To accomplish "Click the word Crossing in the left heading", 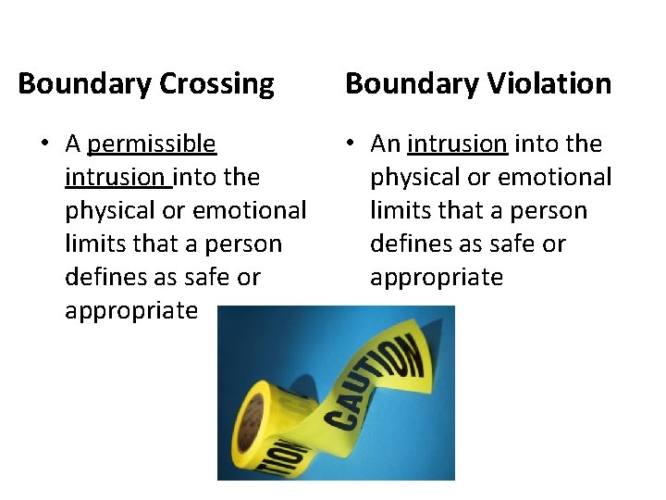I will [216, 84].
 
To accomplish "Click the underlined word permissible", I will [152, 144].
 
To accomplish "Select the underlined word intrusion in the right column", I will [457, 144].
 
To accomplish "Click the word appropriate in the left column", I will [131, 310].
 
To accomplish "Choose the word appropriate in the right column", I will [437, 277].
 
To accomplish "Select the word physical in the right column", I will [414, 177].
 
